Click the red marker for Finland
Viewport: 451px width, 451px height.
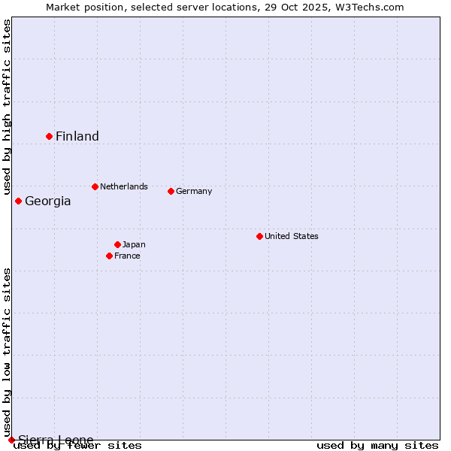pyautogui.click(x=50, y=136)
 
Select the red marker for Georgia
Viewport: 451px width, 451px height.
pyautogui.click(x=19, y=201)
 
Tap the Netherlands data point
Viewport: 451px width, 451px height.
pyautogui.click(x=95, y=186)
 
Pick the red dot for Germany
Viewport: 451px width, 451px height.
pyautogui.click(x=171, y=191)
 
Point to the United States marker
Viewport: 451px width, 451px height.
pyautogui.click(x=259, y=236)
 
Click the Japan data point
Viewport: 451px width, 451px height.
pyautogui.click(x=117, y=244)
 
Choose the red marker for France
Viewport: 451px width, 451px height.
pyautogui.click(x=110, y=256)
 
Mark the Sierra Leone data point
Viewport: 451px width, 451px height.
pyautogui.click(x=11, y=440)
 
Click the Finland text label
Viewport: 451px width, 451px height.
pyautogui.click(x=77, y=136)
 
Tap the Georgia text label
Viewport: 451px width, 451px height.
pyautogui.click(x=48, y=201)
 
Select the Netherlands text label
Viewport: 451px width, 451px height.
pyautogui.click(x=124, y=186)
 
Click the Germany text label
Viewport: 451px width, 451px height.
pyautogui.click(x=194, y=191)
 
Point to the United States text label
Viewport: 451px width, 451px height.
pyautogui.click(x=292, y=236)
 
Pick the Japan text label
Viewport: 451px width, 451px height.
pyautogui.click(x=134, y=244)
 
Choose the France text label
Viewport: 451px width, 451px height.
pyautogui.click(x=127, y=256)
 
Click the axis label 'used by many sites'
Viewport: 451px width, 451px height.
pyautogui.click(x=377, y=445)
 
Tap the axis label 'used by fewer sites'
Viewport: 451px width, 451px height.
pyautogui.click(x=78, y=445)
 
